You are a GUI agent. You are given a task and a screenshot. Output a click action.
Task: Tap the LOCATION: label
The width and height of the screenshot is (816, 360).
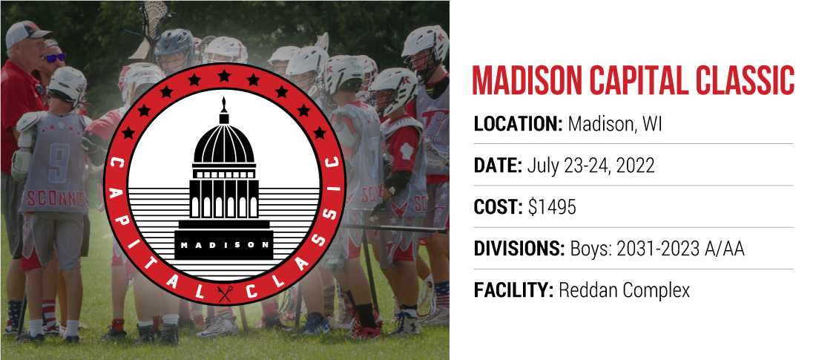[x=519, y=125]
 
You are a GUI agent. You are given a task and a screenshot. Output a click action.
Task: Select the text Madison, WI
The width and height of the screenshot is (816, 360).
[x=615, y=125]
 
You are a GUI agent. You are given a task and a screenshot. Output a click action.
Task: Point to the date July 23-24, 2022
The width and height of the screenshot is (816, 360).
[x=590, y=166]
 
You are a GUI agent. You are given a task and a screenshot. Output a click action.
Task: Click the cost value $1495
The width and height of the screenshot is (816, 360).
[x=552, y=207]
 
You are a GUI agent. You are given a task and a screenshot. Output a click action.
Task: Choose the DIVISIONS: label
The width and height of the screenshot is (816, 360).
[x=519, y=249]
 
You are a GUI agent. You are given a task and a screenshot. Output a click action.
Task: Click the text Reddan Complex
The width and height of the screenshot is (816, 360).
[x=624, y=291]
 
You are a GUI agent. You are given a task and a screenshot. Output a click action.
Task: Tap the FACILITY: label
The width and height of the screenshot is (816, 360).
[x=513, y=291]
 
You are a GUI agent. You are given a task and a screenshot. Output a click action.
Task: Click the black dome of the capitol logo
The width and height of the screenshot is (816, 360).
[x=224, y=143]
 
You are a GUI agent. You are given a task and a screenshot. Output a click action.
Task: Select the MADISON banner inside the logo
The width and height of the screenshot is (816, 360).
[x=224, y=244]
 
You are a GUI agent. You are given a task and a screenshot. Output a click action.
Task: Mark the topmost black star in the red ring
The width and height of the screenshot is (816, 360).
[x=224, y=76]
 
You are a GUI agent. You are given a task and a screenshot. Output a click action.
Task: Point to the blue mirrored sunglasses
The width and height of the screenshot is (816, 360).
[x=55, y=57]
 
